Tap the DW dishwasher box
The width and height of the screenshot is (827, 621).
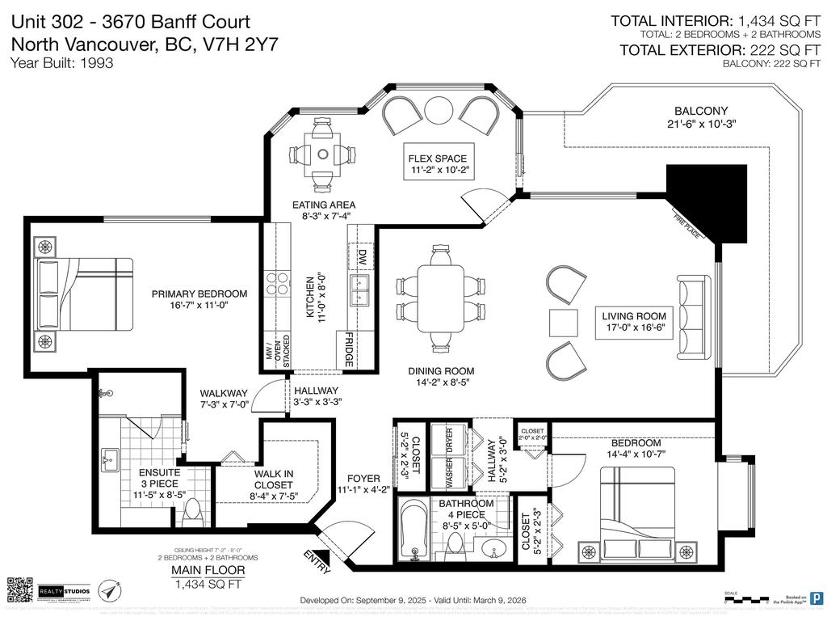361,257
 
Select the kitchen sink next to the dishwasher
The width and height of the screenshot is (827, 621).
360,287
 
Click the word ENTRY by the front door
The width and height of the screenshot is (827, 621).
317,561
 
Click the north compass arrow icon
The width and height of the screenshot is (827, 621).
110,592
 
